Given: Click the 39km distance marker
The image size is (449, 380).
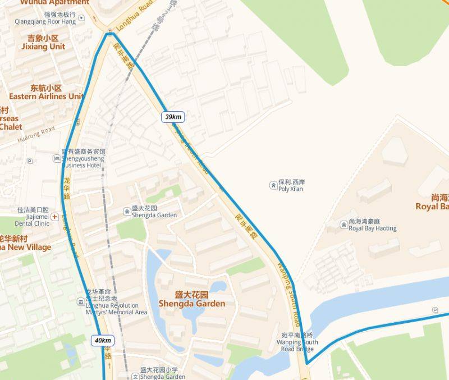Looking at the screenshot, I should click(x=173, y=117).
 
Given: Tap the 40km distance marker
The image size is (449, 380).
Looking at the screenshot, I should click(x=103, y=340).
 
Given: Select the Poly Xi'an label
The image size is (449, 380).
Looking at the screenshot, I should click(x=290, y=186).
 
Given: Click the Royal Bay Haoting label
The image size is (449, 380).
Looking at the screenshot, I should click(x=372, y=225).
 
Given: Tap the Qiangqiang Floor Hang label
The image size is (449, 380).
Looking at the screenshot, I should click(x=45, y=18).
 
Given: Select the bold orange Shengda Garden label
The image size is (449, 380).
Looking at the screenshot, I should click(x=192, y=299).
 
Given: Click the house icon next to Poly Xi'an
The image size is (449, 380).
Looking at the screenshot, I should click(x=273, y=183).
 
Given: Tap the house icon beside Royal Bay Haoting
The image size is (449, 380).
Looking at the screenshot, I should click(x=343, y=225).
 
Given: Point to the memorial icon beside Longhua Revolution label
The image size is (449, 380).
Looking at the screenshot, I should click(x=81, y=302).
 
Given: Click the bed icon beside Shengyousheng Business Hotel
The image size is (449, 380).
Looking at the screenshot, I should click(x=56, y=159).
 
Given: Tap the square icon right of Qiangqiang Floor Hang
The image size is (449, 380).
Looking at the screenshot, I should click(x=82, y=18).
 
